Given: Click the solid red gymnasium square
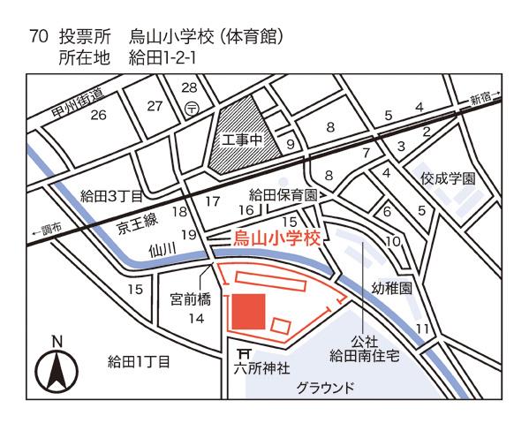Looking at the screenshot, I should coord(247,312).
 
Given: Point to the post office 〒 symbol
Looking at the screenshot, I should coord(193,108).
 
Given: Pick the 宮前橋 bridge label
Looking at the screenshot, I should coord(191,299).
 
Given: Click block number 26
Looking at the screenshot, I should coord(98,116).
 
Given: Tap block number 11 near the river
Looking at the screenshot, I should coord(422,329).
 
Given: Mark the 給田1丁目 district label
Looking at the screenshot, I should coord(138,361).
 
